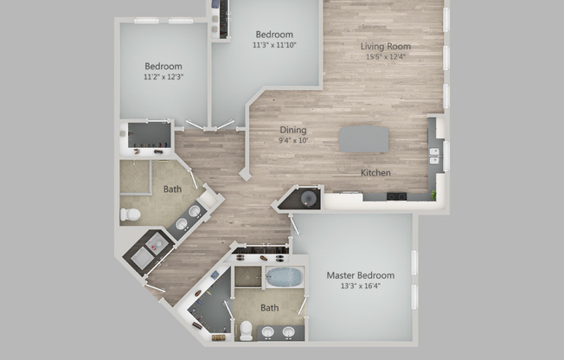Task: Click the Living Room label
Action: point(386,46)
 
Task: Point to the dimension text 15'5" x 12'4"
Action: point(386,57)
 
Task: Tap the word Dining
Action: point(292,130)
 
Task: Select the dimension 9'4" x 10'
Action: point(292,140)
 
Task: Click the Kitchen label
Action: point(375,173)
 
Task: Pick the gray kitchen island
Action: point(363,139)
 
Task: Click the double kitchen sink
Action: point(434,157)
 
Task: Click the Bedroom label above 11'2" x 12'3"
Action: point(163,67)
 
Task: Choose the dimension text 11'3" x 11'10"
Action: point(274,45)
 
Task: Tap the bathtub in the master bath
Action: point(283,277)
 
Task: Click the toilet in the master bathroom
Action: point(246,330)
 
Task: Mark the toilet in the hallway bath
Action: point(131,214)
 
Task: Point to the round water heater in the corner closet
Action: point(309,199)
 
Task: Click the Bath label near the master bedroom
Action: point(270,307)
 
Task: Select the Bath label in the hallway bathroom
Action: point(172,188)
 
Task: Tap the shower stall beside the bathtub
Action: point(247,277)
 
